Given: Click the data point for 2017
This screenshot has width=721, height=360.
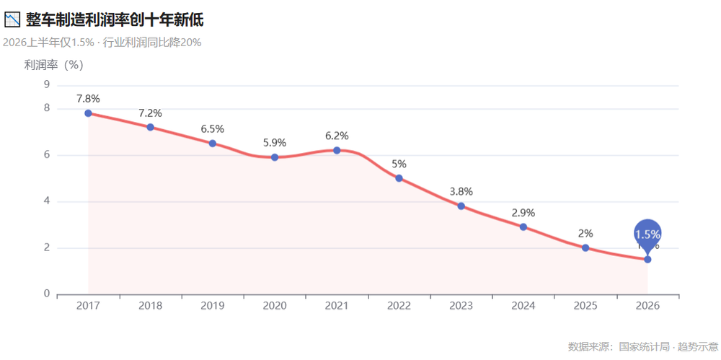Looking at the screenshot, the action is tap(88, 113).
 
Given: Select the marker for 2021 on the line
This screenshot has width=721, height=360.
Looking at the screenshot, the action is tap(337, 150).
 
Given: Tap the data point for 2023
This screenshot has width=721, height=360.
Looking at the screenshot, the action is tap(461, 206).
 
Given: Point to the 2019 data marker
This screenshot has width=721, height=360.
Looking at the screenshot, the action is tap(213, 143).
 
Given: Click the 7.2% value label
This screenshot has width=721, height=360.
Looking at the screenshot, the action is tap(151, 113).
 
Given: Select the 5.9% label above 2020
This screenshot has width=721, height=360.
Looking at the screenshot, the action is tap(275, 143).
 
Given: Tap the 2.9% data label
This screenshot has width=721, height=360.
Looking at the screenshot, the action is tap(523, 213).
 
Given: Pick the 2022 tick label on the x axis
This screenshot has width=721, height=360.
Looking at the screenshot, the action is tap(399, 306).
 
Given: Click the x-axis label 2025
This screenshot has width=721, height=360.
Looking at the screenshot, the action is tap(585, 306).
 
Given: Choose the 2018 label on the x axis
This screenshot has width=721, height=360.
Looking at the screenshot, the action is tap(151, 306).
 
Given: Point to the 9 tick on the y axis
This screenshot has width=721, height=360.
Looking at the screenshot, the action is tap(47, 84).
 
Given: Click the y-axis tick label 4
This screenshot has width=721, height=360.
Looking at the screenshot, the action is tap(47, 201).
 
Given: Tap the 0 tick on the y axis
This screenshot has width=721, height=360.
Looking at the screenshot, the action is tap(47, 294).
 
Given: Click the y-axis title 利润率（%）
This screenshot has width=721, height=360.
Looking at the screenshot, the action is tap(54, 66).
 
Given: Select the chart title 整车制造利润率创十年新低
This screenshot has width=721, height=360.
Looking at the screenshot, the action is tap(115, 19).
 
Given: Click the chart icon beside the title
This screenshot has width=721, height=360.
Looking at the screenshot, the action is tap(12, 19).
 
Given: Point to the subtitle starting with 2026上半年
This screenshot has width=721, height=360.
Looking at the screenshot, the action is tap(102, 43).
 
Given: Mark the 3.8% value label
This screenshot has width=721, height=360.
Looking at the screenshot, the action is tap(461, 191).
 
